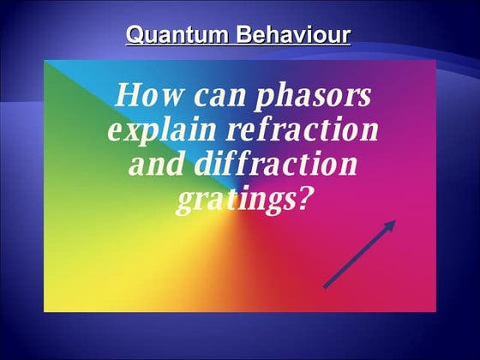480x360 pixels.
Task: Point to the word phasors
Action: coord(313,96)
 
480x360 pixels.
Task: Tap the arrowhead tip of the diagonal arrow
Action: coord(395,220)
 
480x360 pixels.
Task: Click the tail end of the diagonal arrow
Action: coord(324,288)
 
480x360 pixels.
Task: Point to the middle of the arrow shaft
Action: coord(359,255)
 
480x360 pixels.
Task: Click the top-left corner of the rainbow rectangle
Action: coord(45,61)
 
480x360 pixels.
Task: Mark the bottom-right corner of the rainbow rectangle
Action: coord(436,311)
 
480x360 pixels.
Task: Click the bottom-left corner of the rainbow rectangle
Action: coord(45,311)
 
